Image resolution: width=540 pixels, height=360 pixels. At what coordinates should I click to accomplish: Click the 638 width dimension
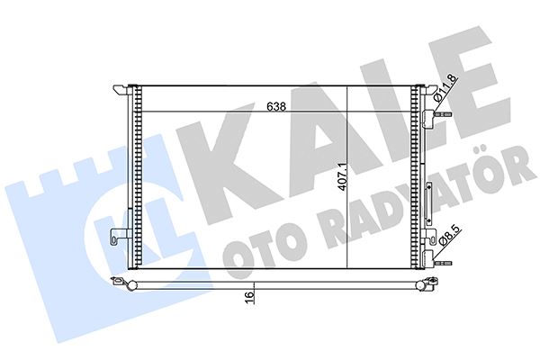coord(276,105)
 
